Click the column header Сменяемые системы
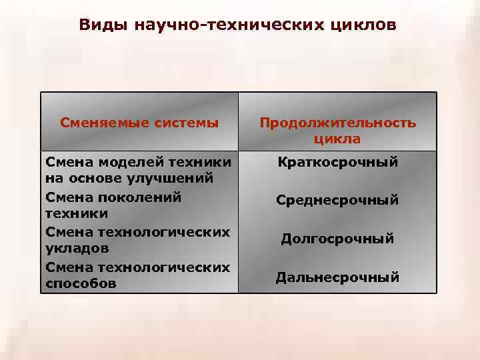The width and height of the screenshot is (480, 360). click(139, 123)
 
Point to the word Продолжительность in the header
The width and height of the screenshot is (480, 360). click(337, 123)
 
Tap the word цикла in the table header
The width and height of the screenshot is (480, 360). click(337, 139)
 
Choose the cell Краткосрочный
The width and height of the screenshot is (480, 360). click(337, 162)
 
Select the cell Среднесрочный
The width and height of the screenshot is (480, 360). click(337, 200)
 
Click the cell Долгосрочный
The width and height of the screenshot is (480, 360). click(337, 239)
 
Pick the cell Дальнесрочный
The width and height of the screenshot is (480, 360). click(337, 277)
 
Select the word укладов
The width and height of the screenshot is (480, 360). click(73, 248)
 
